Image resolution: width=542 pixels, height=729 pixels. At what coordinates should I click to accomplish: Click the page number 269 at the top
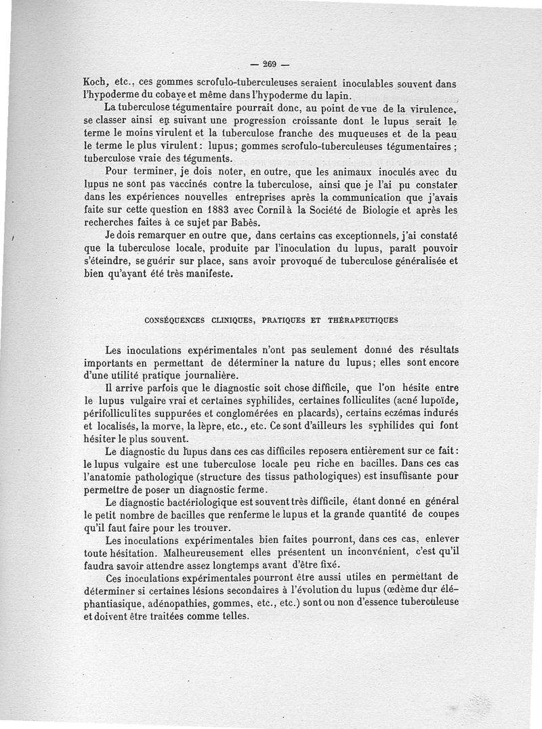click(270, 65)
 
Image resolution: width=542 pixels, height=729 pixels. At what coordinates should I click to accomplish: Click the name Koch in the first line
click(96, 84)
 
